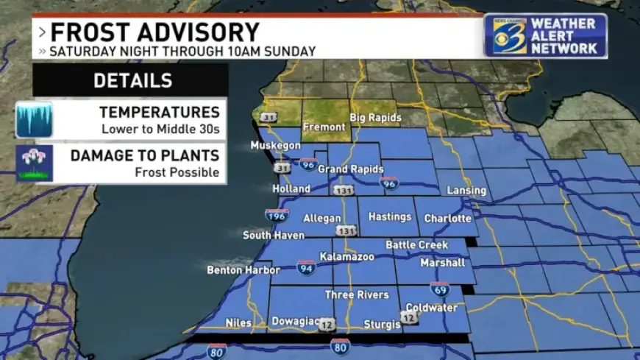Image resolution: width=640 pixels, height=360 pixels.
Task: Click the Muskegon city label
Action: point(275,146)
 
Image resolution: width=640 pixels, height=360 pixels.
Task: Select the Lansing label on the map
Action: point(466,191)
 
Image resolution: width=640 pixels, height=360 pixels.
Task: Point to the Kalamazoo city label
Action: point(346,257)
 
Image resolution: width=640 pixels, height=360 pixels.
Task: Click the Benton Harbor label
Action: point(243,270)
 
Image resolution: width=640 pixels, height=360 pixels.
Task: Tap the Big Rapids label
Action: point(375,118)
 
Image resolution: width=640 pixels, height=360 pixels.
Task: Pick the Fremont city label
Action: point(324,127)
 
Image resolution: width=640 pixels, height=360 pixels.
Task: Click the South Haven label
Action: point(274,236)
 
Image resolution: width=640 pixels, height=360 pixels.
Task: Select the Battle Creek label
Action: point(417,245)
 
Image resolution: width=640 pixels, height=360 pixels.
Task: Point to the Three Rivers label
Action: point(357,295)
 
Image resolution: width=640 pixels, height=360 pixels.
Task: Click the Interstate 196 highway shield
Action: point(277,216)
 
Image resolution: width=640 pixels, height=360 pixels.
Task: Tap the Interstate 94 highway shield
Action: point(307,267)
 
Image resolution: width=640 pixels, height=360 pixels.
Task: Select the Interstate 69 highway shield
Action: point(440,289)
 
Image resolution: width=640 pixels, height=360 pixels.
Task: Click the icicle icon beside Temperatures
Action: point(34,120)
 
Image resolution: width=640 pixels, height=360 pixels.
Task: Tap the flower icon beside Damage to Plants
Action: point(34,163)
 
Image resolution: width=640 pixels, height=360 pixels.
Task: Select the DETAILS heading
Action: point(132,81)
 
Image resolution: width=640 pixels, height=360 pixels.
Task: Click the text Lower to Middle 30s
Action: point(160,129)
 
